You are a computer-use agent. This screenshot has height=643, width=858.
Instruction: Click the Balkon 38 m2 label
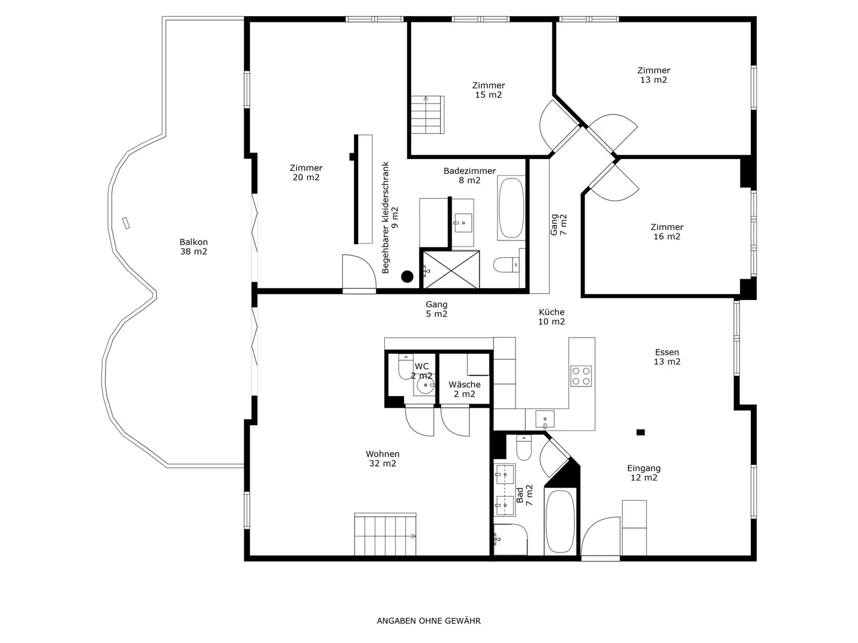[x=194, y=246]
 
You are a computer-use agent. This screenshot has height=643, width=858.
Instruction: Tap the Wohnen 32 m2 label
[x=383, y=458]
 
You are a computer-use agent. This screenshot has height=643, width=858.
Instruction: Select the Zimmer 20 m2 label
[x=306, y=173]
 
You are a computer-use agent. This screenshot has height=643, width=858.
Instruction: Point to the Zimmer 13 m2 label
[x=654, y=75]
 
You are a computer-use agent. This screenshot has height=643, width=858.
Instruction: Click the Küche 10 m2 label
[x=551, y=317]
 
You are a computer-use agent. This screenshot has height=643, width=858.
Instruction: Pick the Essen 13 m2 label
[x=667, y=357]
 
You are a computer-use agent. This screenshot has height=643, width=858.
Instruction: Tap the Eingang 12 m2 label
[x=643, y=473]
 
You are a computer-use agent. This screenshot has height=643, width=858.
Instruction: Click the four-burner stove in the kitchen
[x=581, y=376]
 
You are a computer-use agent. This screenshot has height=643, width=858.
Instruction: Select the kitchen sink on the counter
[x=545, y=419]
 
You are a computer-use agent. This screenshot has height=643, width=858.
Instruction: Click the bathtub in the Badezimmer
[x=511, y=208]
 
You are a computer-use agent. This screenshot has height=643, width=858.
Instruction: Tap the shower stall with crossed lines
[x=451, y=270]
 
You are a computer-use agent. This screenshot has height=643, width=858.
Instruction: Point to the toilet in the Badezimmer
[x=506, y=264]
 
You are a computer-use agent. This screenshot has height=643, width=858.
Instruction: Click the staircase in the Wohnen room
[x=385, y=534]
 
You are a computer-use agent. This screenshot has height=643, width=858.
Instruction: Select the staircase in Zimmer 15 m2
[x=427, y=114]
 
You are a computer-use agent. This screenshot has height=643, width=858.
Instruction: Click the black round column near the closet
[x=407, y=276]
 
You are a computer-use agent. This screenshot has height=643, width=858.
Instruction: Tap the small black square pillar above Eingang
[x=641, y=432]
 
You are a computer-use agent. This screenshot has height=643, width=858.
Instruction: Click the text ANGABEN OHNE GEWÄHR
[x=428, y=621]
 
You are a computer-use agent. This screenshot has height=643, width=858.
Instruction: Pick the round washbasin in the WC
[x=425, y=386]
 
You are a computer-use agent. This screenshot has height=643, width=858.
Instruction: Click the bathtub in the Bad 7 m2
[x=560, y=521]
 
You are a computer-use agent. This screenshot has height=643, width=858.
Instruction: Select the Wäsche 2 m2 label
[x=464, y=389]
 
